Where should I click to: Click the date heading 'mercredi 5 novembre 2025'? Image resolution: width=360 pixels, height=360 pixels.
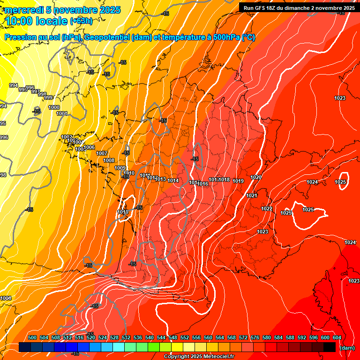click(63, 10)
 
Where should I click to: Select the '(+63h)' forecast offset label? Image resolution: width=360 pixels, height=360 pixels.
click(81, 21)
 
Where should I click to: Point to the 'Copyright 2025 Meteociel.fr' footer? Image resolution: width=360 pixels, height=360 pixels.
click(199, 356)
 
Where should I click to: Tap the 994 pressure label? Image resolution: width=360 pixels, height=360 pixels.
click(14, 85)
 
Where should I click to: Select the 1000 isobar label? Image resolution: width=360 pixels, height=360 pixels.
click(54, 107)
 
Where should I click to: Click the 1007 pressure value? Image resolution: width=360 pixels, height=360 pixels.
click(102, 153)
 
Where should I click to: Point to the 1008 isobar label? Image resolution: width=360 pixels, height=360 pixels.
click(109, 160)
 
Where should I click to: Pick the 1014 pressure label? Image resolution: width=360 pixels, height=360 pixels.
click(173, 180)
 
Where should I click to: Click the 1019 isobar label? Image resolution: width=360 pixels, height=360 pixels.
click(238, 181)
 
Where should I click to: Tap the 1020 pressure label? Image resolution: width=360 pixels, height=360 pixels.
click(256, 177)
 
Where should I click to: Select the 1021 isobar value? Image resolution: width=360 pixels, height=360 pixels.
click(252, 195)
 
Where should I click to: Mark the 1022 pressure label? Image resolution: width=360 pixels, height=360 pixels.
click(267, 209)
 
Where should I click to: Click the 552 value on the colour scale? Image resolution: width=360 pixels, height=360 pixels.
click(185, 337)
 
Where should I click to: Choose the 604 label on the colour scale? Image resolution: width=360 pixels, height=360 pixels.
click(337, 337)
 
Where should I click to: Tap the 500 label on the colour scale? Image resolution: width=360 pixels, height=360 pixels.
click(32, 337)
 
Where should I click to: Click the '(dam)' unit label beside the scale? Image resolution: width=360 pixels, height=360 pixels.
click(347, 347)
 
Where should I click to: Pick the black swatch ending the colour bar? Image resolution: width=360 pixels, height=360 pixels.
click(330, 347)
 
